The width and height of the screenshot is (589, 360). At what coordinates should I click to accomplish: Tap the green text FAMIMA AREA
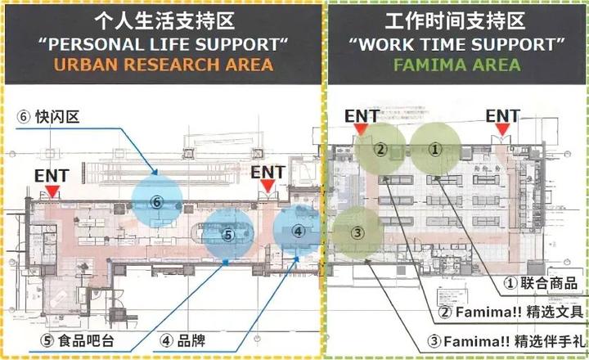[454, 64]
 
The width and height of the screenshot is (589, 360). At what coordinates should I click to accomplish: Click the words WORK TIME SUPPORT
[454, 42]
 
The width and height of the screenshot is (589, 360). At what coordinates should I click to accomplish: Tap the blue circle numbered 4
[299, 232]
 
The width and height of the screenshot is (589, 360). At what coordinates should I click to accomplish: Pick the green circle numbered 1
[436, 149]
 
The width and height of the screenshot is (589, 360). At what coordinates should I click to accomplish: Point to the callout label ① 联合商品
[541, 283]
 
